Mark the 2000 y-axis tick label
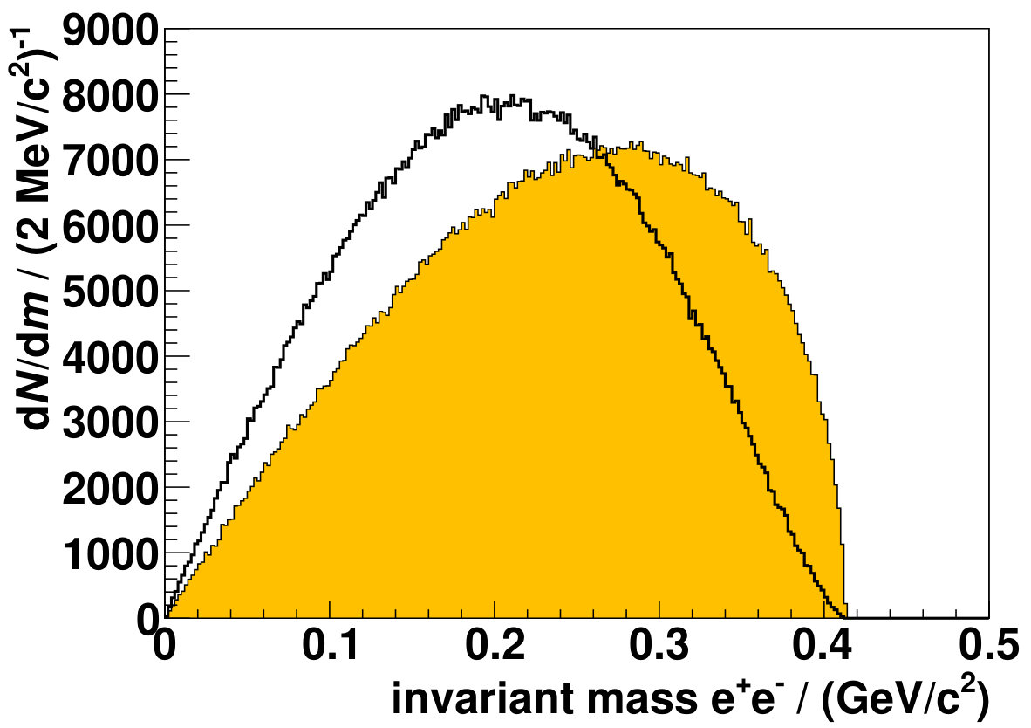111,488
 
